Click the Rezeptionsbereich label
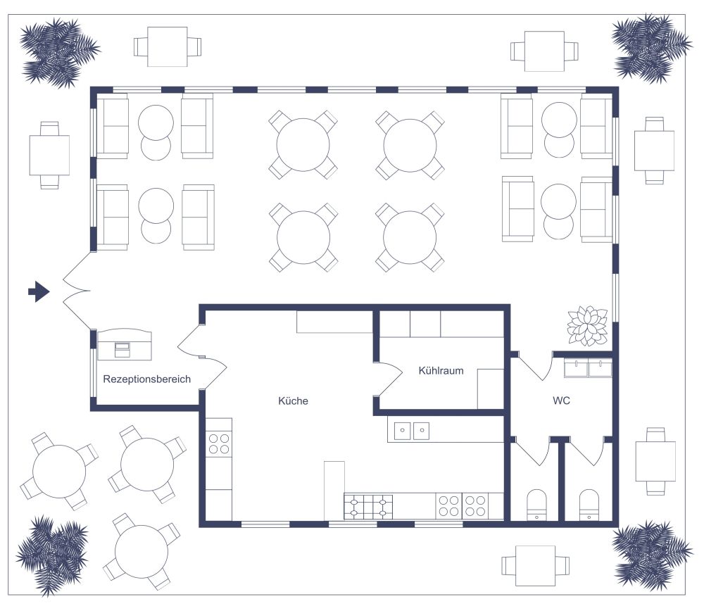[147, 379]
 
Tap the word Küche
[293, 401]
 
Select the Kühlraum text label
[441, 370]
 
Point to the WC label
[561, 401]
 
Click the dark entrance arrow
[39, 290]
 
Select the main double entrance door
[76, 291]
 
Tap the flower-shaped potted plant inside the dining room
[587, 325]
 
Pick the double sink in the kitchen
[412, 430]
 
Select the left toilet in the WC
[537, 504]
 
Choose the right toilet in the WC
[589, 504]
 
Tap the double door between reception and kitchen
[201, 355]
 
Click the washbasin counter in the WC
[588, 367]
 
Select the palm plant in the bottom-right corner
[649, 553]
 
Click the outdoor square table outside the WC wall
[655, 461]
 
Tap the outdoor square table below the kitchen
[535, 565]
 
